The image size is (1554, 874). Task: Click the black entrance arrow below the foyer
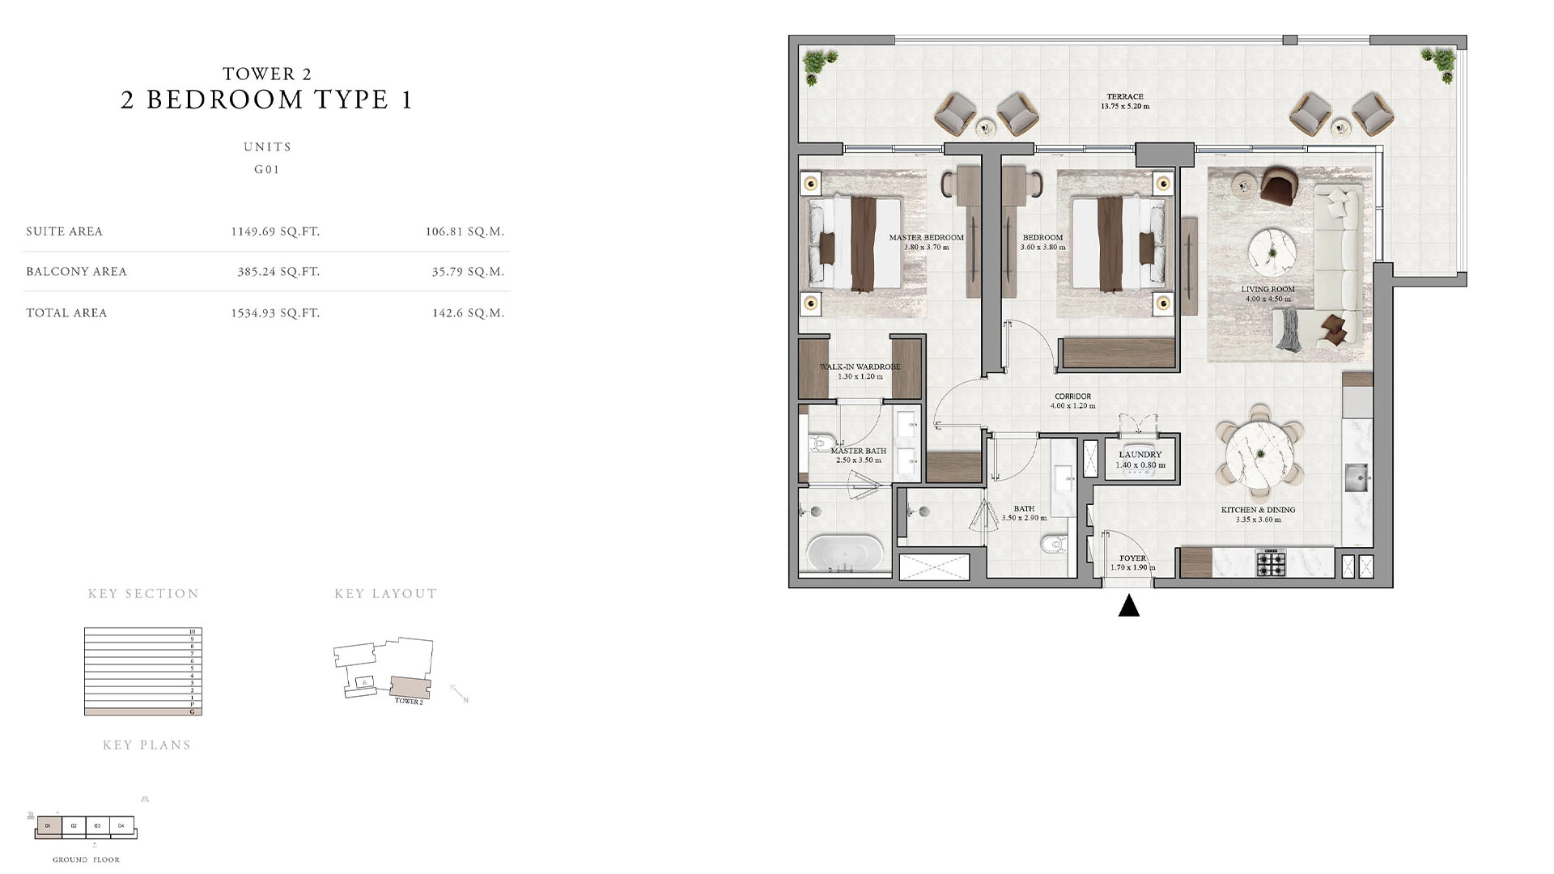1129,605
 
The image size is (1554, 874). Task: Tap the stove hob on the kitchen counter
1271,562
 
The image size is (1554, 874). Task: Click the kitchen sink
1358,477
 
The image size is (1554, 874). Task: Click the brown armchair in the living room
1278,186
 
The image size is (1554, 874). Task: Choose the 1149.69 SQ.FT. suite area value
275,231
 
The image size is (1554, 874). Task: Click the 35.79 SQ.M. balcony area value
468,272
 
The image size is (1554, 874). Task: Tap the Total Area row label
66,313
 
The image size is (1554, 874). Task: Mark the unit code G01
267,170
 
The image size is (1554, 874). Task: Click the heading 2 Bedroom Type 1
267,100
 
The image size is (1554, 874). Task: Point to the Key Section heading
143,594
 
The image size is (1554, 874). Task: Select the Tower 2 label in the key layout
409,702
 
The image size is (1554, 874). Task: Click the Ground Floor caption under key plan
86,859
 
